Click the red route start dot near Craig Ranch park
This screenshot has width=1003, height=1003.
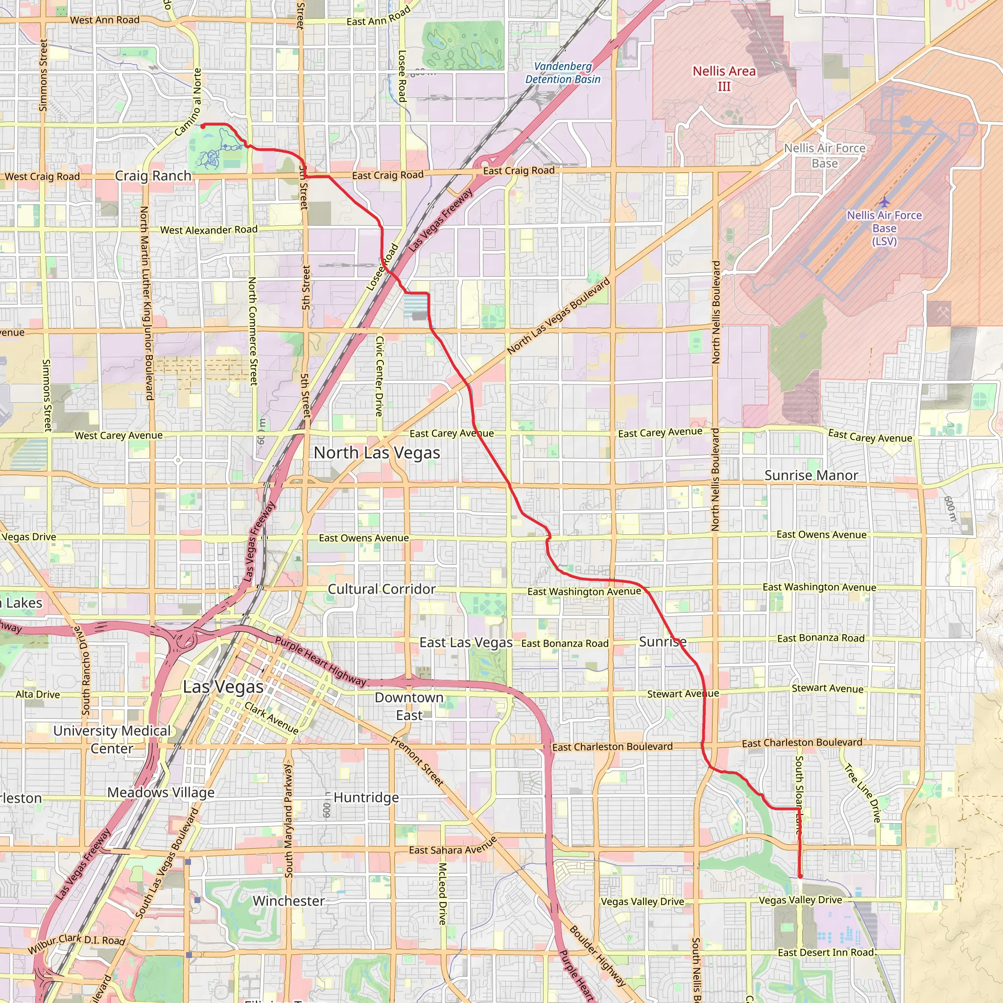tap(203, 126)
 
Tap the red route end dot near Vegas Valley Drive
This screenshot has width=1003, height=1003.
tap(800, 876)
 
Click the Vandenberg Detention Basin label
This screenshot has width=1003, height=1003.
tap(563, 72)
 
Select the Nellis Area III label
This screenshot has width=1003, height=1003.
tap(724, 78)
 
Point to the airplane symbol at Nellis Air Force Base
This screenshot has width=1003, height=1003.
tap(884, 201)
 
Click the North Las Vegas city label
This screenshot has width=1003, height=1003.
tap(377, 453)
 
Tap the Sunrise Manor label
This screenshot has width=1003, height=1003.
tap(811, 475)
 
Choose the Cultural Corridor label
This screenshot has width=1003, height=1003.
tap(382, 589)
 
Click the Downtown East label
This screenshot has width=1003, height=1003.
tap(409, 706)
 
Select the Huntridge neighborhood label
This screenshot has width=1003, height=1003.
tap(366, 797)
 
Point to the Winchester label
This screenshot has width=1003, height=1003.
tap(288, 901)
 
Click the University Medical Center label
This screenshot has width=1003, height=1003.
tap(112, 739)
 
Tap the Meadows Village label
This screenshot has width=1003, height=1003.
tap(161, 792)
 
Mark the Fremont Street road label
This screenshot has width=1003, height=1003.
tap(417, 761)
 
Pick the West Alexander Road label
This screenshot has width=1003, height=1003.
tap(209, 230)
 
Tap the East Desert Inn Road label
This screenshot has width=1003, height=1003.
tap(827, 952)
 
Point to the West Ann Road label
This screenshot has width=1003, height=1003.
tap(105, 20)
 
